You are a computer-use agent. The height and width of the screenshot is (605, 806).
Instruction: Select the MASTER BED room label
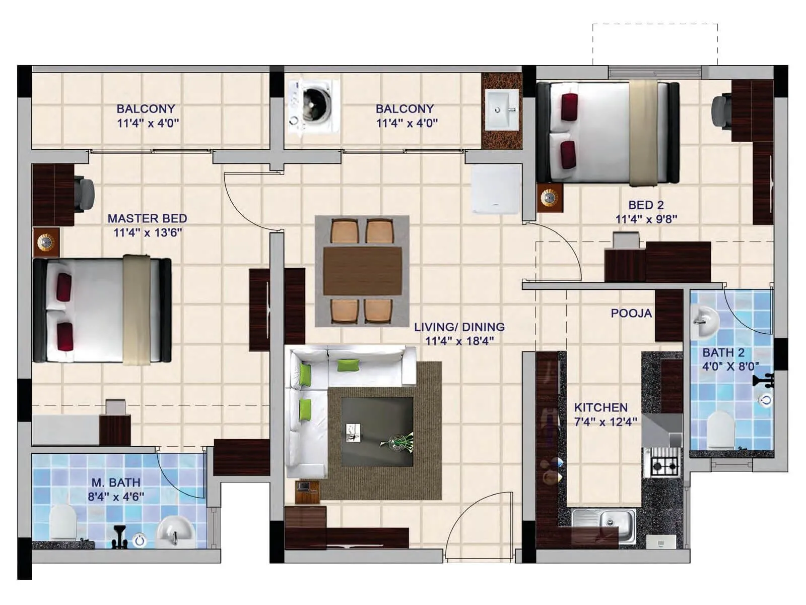tap(147, 218)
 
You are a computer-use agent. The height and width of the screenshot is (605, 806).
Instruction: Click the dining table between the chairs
tap(362, 271)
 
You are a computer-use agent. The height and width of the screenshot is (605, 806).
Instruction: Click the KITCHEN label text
tap(600, 407)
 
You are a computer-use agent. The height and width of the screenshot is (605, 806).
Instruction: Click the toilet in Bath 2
tap(721, 430)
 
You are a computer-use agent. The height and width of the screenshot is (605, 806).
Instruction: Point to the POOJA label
tap(631, 313)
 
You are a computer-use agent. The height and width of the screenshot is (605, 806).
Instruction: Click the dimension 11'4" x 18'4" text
tap(459, 341)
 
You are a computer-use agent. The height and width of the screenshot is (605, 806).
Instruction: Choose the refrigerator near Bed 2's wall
tap(496, 189)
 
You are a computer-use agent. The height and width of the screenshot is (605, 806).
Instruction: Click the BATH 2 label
tap(723, 352)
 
